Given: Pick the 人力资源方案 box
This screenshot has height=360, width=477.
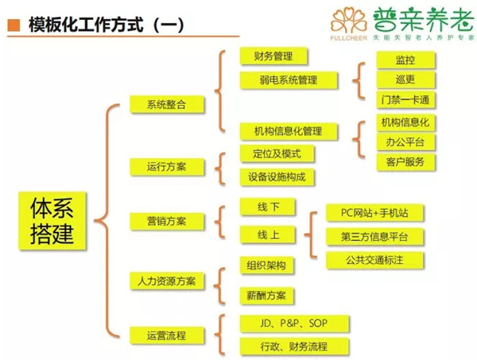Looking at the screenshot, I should [x=167, y=281].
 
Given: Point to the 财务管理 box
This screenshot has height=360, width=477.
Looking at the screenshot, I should [x=273, y=56].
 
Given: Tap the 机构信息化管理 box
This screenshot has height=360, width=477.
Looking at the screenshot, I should [x=287, y=131].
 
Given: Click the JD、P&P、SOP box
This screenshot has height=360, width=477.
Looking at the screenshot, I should [x=282, y=323].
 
